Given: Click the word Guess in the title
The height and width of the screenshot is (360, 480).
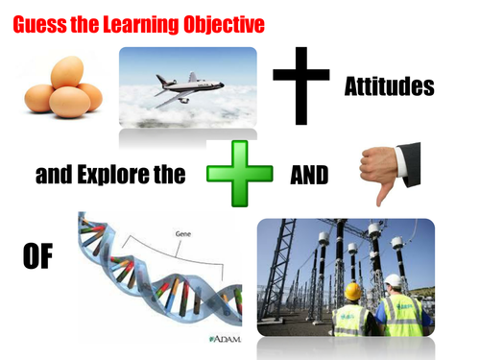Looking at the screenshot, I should (x=39, y=20).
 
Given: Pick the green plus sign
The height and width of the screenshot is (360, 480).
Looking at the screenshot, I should (x=232, y=176).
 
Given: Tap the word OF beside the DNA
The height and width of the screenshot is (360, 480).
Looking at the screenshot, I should (x=37, y=258).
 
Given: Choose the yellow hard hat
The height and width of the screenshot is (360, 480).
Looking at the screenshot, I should (x=352, y=290).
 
